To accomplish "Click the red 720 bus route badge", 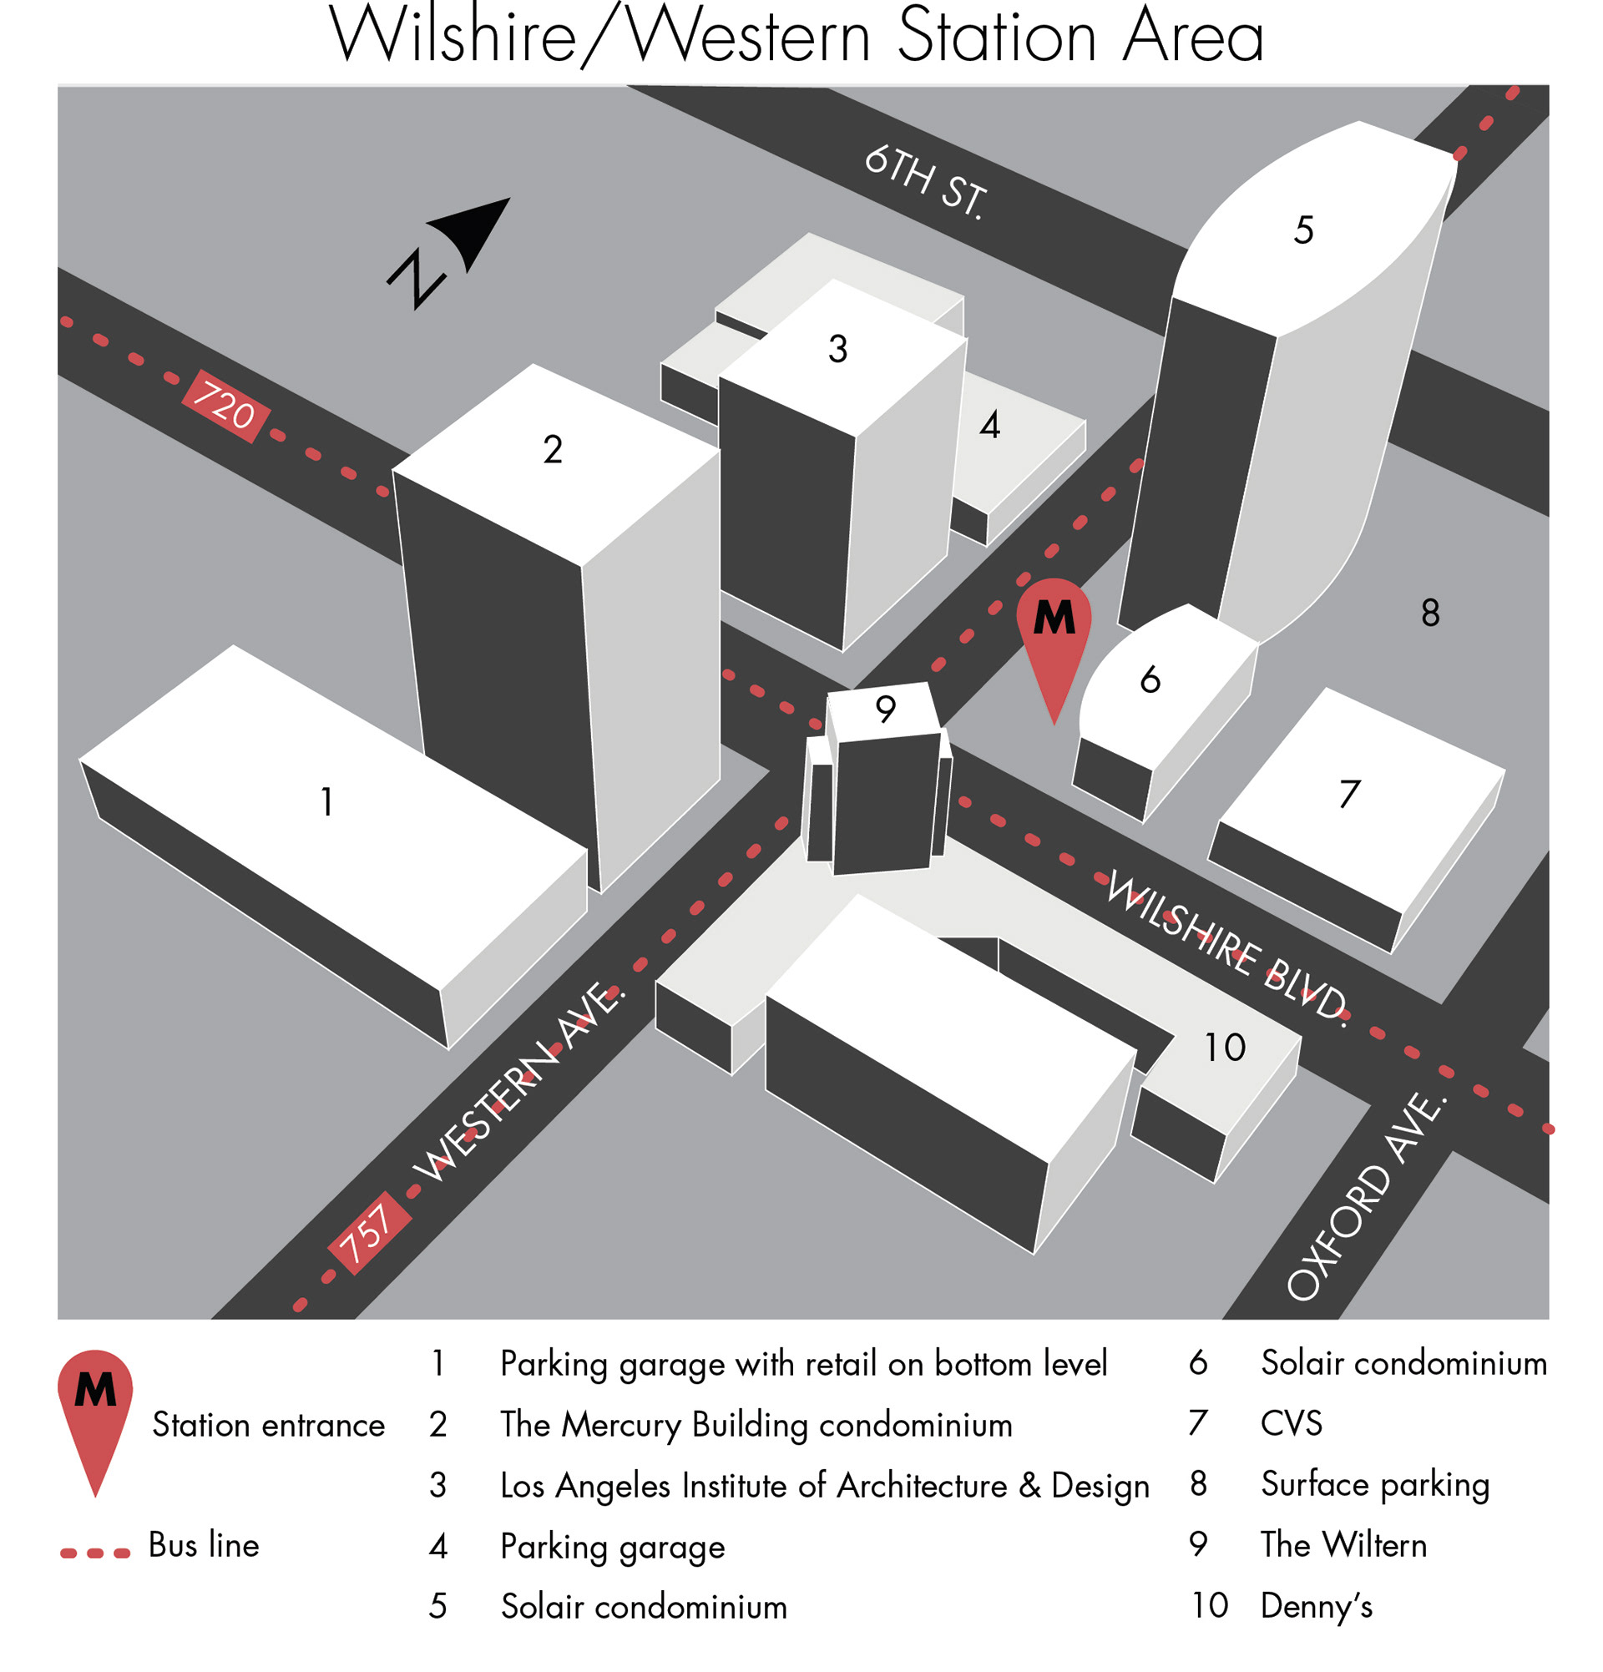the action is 225,406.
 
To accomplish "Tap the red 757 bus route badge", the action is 368,1232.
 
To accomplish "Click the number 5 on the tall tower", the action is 1302,230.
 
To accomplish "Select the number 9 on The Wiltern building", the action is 886,709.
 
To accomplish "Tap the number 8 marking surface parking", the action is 1430,613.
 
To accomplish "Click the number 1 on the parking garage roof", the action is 326,802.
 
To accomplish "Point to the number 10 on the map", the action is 1224,1048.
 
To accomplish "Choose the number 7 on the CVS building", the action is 1348,794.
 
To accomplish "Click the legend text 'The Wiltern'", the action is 1343,1545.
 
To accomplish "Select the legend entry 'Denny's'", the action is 1317,1606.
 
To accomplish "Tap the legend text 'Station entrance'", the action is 268,1426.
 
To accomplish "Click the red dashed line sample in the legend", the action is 94,1553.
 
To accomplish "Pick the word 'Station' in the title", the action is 998,38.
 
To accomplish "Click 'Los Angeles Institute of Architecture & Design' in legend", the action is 824,1485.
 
